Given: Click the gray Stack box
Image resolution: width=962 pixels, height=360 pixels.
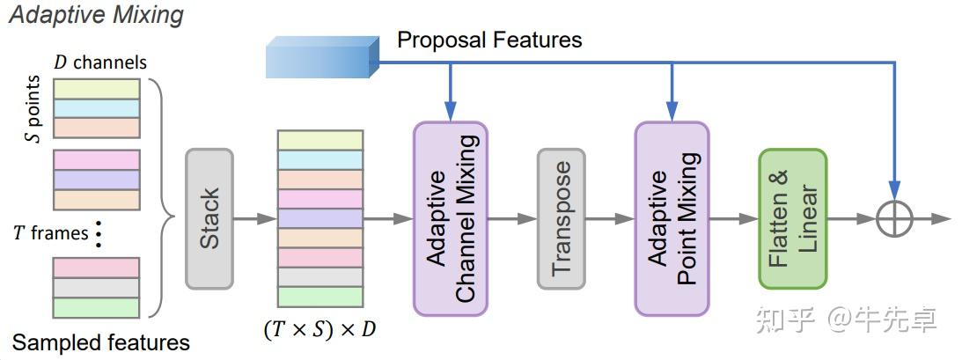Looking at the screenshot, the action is click(209, 219).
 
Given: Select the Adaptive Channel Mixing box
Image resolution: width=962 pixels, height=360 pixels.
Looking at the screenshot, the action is click(451, 219).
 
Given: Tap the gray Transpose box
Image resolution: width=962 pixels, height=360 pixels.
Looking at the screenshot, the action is click(562, 219).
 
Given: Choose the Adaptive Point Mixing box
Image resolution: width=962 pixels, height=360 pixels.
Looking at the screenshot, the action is click(672, 219).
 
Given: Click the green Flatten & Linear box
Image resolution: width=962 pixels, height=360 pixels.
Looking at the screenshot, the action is click(793, 219).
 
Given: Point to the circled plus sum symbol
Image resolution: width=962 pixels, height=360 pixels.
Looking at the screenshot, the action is click(894, 219).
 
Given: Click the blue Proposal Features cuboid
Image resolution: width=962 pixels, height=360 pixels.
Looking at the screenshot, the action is click(322, 57).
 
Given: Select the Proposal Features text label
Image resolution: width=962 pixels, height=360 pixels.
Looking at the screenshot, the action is click(489, 40).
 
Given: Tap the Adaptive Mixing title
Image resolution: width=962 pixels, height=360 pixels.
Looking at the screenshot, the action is click(96, 15).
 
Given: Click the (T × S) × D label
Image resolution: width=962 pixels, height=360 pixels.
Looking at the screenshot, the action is click(319, 330).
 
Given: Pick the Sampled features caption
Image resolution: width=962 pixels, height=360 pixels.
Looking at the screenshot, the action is click(101, 342).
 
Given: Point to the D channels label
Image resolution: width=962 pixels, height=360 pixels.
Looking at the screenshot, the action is click(101, 62).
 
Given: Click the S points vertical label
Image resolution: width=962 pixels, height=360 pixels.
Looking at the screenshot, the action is click(35, 109).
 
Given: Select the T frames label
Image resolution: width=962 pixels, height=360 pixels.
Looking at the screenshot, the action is click(50, 233).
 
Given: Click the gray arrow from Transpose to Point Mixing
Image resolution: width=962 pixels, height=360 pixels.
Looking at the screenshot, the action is click(610, 219).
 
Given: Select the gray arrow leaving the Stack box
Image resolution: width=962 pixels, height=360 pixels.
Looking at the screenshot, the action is click(255, 219).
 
